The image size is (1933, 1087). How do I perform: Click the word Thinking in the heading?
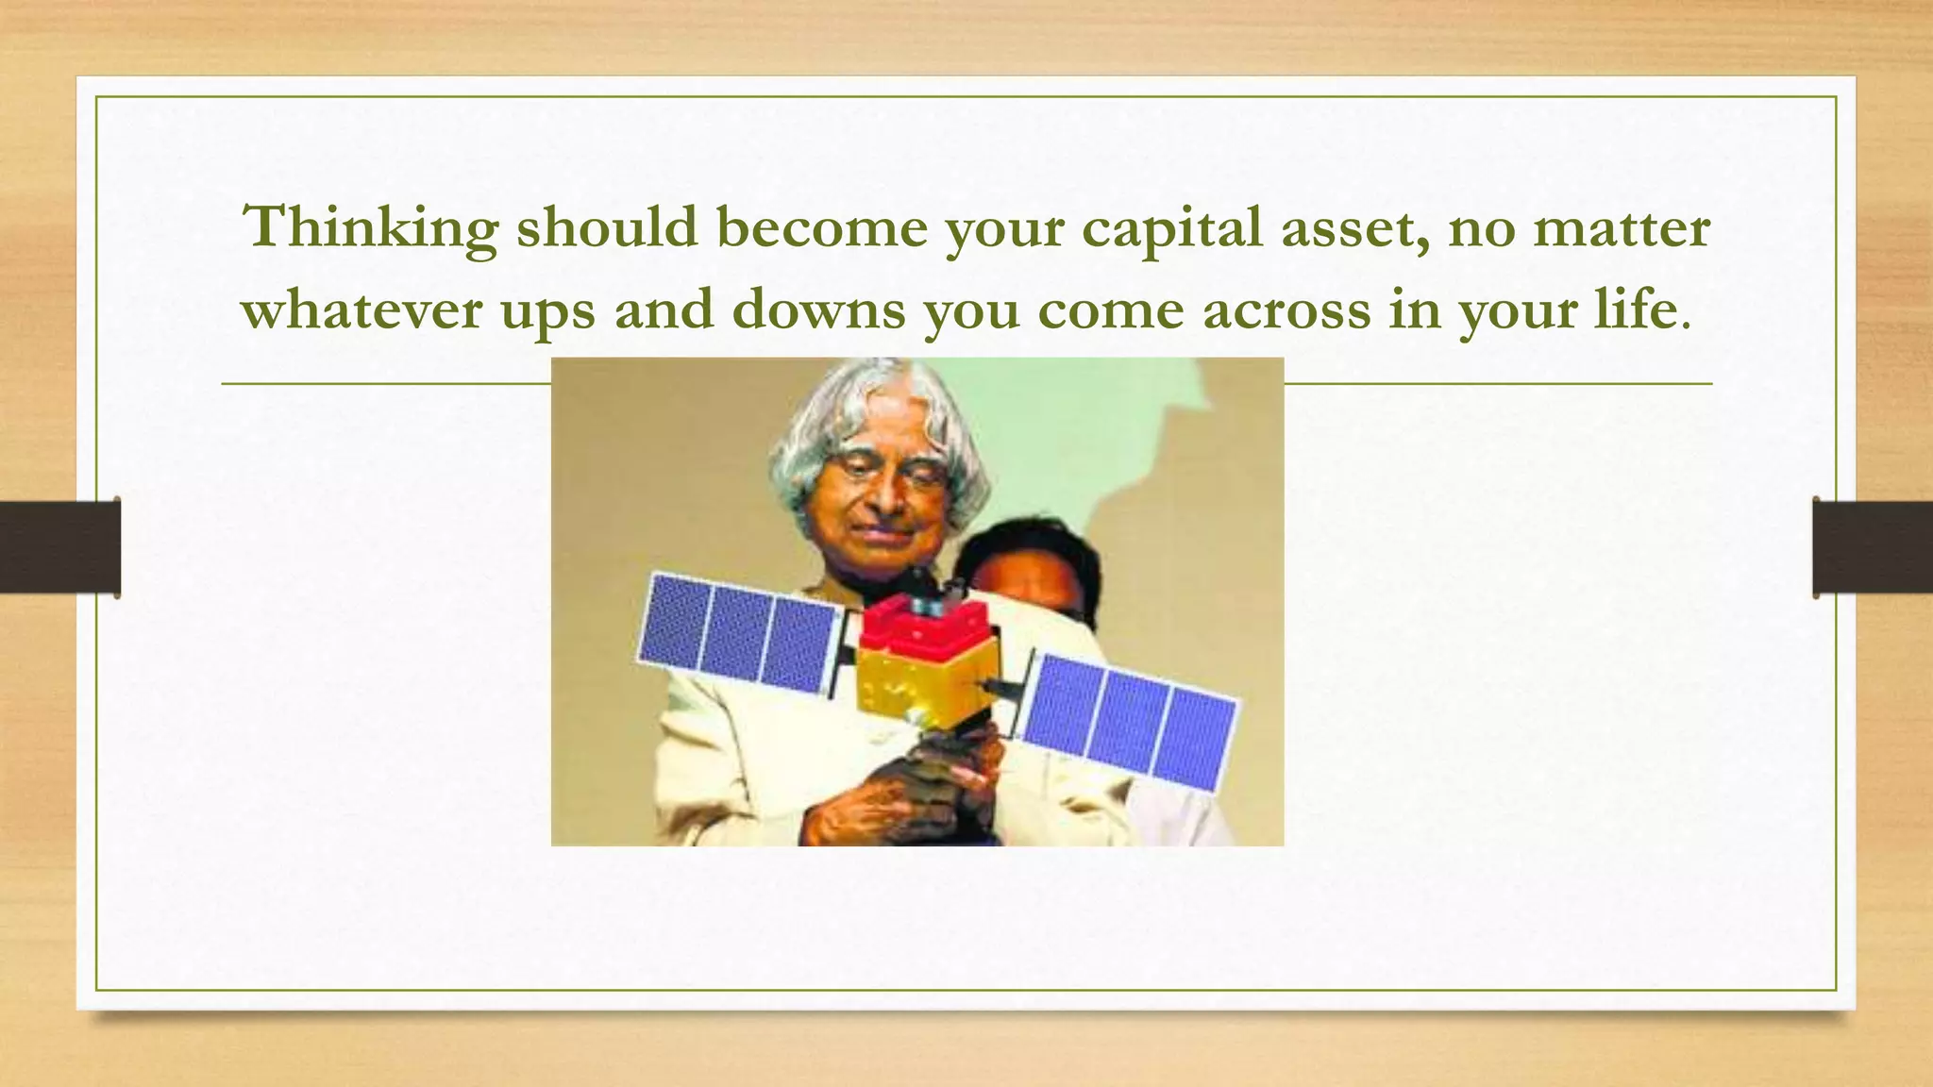[371, 228]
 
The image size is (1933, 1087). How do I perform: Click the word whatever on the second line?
[362, 309]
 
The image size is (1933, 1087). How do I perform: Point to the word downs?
[818, 309]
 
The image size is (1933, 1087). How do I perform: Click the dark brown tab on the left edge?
[59, 547]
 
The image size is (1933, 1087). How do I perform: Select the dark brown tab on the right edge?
[1873, 547]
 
